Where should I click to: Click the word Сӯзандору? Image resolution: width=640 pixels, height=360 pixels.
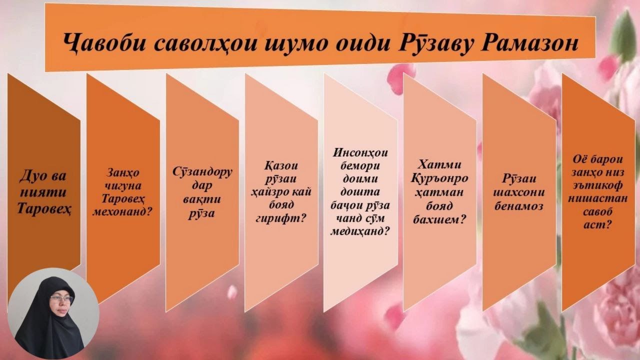[x=202, y=173]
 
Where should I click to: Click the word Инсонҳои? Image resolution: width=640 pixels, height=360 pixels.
[x=360, y=152]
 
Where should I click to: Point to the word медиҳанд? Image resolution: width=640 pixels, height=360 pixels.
[x=360, y=231]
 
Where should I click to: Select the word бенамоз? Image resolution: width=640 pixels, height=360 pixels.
[x=518, y=206]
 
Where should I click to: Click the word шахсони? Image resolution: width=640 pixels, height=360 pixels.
[x=518, y=192]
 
